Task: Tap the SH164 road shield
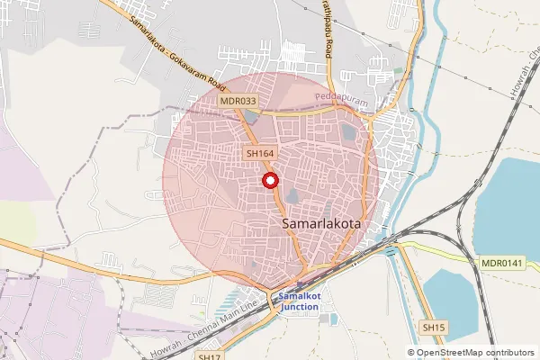pyautogui.click(x=259, y=154)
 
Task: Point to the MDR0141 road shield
pyautogui.click(x=501, y=263)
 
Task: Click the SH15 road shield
pyautogui.click(x=435, y=328)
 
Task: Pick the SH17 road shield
pyautogui.click(x=209, y=356)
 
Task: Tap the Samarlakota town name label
pyautogui.click(x=322, y=220)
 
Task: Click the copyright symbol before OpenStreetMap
pyautogui.click(x=411, y=352)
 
